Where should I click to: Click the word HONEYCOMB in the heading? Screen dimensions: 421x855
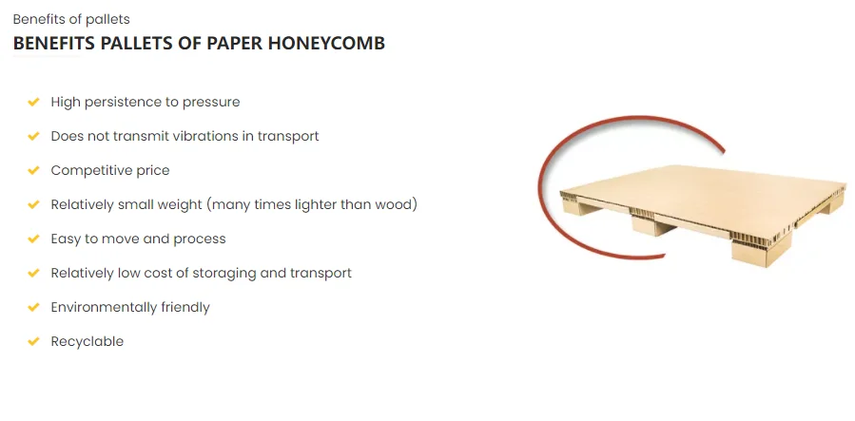point(333,44)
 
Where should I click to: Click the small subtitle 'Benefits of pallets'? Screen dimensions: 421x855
point(71,19)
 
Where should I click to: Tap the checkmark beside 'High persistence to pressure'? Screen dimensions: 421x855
point(33,102)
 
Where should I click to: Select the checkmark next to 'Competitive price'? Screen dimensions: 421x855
point(33,170)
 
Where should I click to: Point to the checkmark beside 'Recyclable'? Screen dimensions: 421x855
point(33,341)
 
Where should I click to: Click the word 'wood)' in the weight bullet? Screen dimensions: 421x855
point(398,204)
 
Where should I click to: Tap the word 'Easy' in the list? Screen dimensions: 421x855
point(67,239)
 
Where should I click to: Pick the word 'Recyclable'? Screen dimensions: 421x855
point(87,341)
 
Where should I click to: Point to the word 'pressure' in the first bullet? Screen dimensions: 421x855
point(212,102)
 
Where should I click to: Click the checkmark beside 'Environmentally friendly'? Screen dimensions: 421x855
point(33,307)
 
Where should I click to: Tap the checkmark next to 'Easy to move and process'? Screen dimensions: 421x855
point(33,239)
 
